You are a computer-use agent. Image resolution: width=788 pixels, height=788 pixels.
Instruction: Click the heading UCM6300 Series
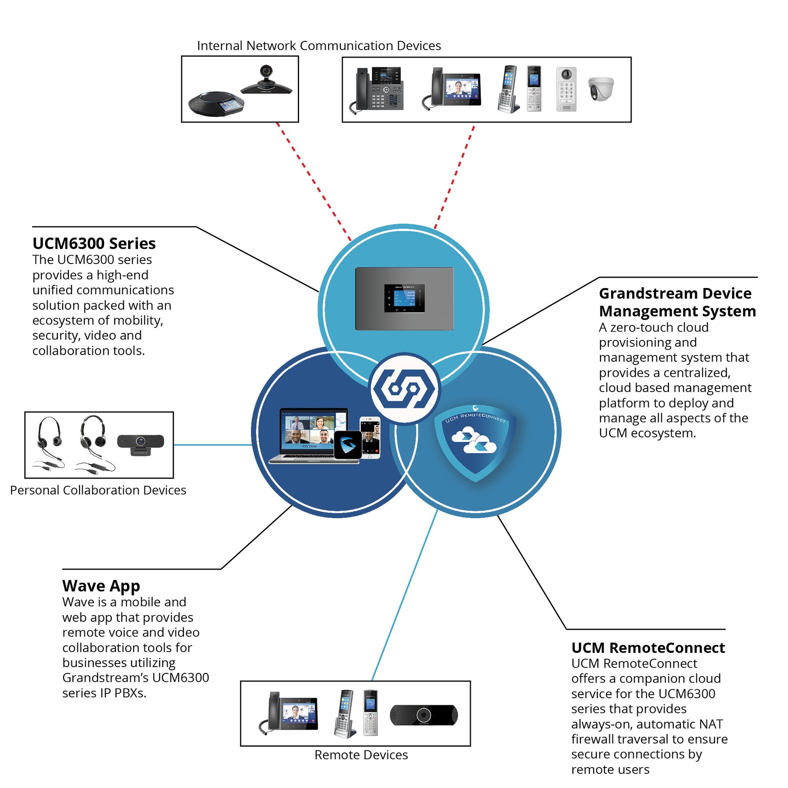[94, 243]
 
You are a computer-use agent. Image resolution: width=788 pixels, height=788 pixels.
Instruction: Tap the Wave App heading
[101, 585]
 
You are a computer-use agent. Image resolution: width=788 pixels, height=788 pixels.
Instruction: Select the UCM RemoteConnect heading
[648, 647]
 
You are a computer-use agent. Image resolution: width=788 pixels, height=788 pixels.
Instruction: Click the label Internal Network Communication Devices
[319, 45]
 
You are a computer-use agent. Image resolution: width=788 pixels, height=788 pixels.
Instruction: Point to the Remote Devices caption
[361, 755]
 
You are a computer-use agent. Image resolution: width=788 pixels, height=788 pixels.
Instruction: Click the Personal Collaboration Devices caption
[98, 490]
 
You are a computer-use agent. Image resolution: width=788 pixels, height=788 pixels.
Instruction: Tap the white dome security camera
[600, 88]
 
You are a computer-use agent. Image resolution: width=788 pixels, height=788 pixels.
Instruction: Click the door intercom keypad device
[566, 89]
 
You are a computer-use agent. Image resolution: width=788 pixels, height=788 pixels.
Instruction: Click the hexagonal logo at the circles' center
[404, 388]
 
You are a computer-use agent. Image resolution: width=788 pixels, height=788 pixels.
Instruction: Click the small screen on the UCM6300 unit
[404, 298]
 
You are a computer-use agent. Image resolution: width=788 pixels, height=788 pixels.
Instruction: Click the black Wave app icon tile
[347, 444]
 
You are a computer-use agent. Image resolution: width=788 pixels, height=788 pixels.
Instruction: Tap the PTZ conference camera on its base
[266, 80]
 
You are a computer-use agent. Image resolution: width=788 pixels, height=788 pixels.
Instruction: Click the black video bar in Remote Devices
[424, 715]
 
